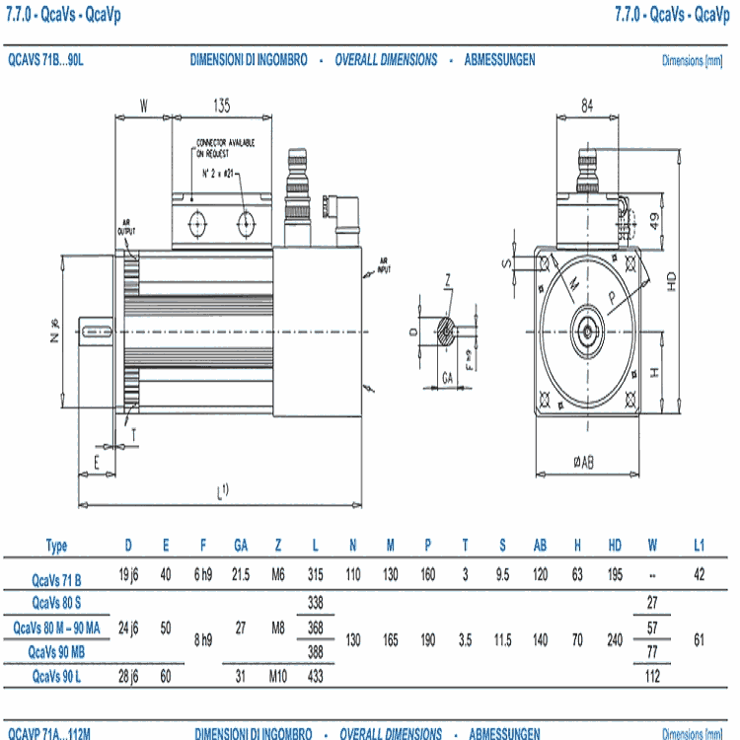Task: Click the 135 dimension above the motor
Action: pos(221,104)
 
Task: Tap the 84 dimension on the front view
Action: pos(587,106)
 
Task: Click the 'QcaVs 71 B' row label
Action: pos(56,579)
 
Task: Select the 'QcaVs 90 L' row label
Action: pos(56,676)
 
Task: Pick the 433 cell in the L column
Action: pos(315,676)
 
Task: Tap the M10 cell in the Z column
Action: pos(278,676)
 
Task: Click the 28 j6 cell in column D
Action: pos(128,676)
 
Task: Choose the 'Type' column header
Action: pos(56,546)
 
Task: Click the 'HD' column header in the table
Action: pos(615,546)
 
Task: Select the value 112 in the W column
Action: pos(652,676)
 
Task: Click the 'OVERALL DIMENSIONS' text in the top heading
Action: pos(386,59)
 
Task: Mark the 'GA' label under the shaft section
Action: pos(447,377)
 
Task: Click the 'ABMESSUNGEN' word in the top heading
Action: pos(499,59)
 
